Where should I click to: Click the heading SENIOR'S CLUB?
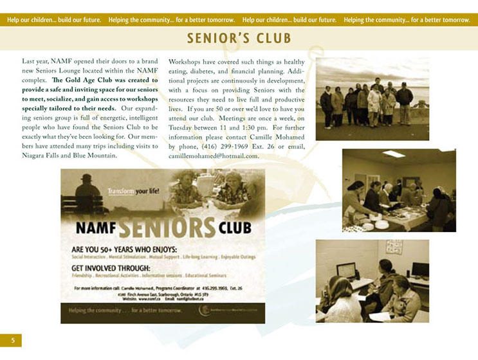(239, 38)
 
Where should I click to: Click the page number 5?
(11, 339)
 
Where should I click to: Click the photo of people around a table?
(399, 190)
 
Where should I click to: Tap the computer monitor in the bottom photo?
(345, 269)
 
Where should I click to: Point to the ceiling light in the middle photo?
(393, 154)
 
